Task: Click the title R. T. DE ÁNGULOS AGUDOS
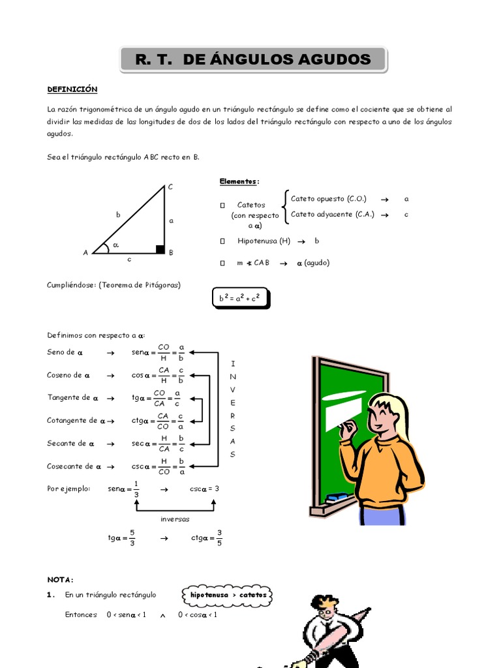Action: coord(253,60)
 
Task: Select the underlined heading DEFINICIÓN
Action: coord(72,89)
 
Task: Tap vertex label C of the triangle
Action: coord(170,187)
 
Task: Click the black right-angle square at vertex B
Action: coord(160,249)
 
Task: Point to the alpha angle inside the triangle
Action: coord(115,245)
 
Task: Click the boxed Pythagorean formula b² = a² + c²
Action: coord(239,298)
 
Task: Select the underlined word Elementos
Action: coord(238,181)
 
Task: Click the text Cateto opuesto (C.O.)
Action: coord(328,198)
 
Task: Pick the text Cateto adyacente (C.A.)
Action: coord(332,214)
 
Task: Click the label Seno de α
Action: coord(65,352)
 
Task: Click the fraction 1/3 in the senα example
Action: coord(136,489)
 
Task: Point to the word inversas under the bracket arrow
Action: coord(174,519)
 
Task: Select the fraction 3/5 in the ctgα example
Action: coord(219,538)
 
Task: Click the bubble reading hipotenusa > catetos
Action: coord(228,595)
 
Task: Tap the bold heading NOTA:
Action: coord(61,579)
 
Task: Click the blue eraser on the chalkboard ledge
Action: coord(337,497)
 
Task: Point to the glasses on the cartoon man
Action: coord(324,612)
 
